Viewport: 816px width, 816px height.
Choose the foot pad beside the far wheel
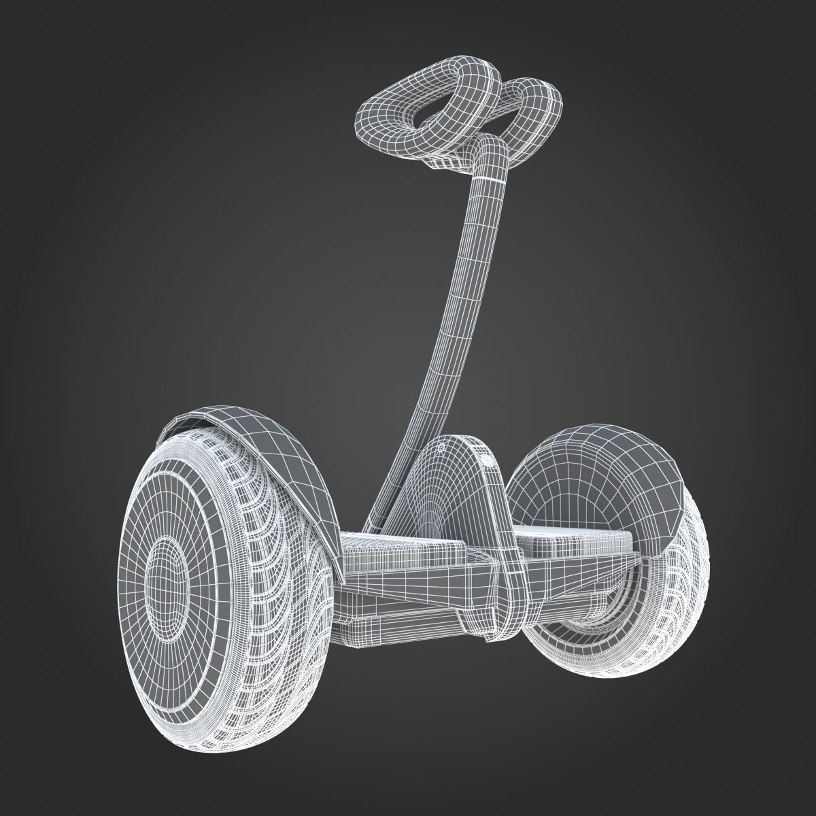point(578,537)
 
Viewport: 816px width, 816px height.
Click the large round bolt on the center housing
point(487,460)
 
